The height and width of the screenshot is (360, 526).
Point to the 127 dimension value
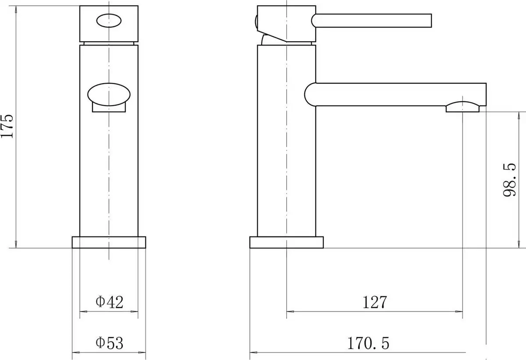pos(374,302)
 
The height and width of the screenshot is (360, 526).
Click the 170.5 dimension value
pos(368,342)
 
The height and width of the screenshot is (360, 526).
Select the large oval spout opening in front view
pos(109,94)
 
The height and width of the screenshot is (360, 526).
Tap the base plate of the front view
pos(108,242)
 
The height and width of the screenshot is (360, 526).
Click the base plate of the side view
pos(286,242)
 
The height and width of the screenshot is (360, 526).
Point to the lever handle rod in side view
pos(373,19)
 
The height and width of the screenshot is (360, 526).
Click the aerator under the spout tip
pos(463,107)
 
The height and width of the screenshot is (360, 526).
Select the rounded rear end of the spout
pos(309,94)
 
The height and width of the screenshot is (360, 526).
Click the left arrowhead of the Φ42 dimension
pos(83,312)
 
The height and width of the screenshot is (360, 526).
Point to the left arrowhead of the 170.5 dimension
pos(253,352)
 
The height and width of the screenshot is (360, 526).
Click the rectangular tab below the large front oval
pos(109,108)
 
